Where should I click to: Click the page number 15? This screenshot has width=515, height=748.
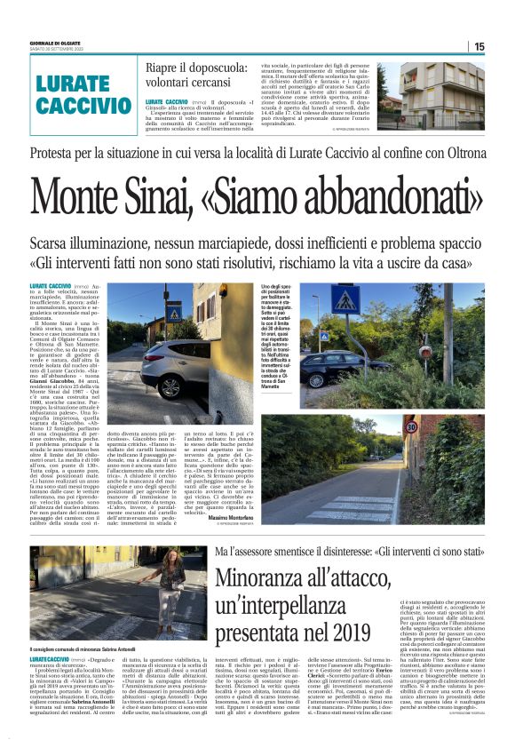479,46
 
